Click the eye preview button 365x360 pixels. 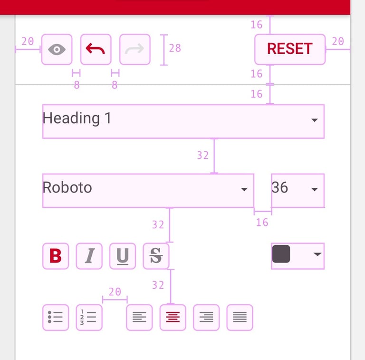pyautogui.click(x=57, y=49)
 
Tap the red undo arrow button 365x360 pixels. pyautogui.click(x=96, y=49)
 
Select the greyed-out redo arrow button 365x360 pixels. pyautogui.click(x=135, y=49)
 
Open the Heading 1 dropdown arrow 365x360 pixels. pyautogui.click(x=315, y=120)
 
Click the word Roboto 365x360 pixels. pyautogui.click(x=67, y=187)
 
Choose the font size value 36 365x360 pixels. pyautogui.click(x=280, y=187)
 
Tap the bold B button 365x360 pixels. pyautogui.click(x=56, y=256)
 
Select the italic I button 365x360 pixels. pyautogui.click(x=89, y=256)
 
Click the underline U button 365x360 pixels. pyautogui.click(x=123, y=256)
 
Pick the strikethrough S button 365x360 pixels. pyautogui.click(x=156, y=256)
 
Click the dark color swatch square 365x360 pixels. pyautogui.click(x=281, y=254)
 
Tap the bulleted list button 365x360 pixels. pyautogui.click(x=56, y=317)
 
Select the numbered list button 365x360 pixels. pyautogui.click(x=89, y=317)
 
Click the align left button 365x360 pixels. pyautogui.click(x=139, y=317)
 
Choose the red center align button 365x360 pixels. pyautogui.click(x=173, y=317)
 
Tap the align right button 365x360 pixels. pyautogui.click(x=206, y=317)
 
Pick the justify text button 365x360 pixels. pyautogui.click(x=240, y=317)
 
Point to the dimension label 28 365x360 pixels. pyautogui.click(x=175, y=48)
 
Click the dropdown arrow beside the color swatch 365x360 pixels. pyautogui.click(x=317, y=254)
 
